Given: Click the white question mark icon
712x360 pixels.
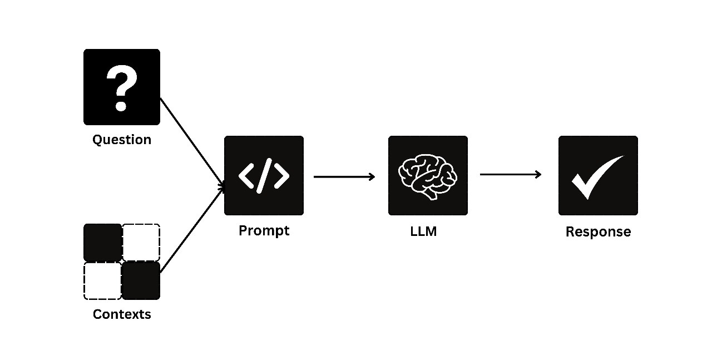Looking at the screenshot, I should pos(121,87).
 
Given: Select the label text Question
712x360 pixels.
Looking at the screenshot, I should pos(122,140).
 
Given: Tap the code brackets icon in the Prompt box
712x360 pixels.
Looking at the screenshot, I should pos(264,175).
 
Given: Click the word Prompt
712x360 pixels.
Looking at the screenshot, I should pos(264,230).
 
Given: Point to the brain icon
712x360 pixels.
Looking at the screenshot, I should pos(427,175).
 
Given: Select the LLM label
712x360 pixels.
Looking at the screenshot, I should pos(423,231).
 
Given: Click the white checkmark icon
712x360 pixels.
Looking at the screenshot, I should pos(596,176).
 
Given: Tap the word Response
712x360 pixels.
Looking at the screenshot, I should pos(598,232).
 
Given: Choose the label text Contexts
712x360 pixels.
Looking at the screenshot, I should pos(122,314).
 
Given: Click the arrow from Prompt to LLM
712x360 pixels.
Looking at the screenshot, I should pos(344,177).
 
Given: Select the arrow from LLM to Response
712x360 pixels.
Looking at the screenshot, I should pos(510,175).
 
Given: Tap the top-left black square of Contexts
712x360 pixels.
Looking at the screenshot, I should pos(102,242).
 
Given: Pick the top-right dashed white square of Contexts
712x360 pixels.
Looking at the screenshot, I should pos(141,242).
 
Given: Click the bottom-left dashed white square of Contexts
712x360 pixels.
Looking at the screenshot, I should pos(102,281).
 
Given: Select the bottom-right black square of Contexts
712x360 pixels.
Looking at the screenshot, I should pos(141,281).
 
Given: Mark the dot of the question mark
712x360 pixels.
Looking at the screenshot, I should pos(121,105).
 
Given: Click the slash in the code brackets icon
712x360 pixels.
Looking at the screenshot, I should pos(264,175).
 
